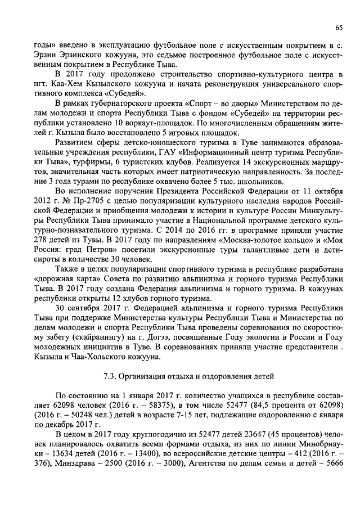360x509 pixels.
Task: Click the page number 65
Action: click(x=339, y=28)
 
